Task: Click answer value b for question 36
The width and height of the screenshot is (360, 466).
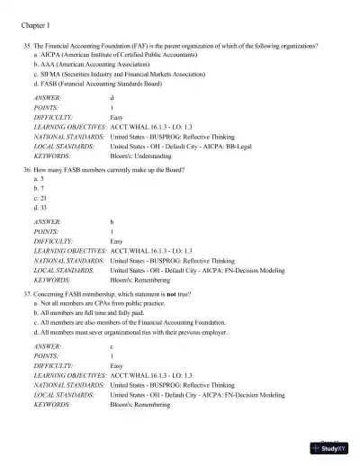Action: pyautogui.click(x=112, y=220)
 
